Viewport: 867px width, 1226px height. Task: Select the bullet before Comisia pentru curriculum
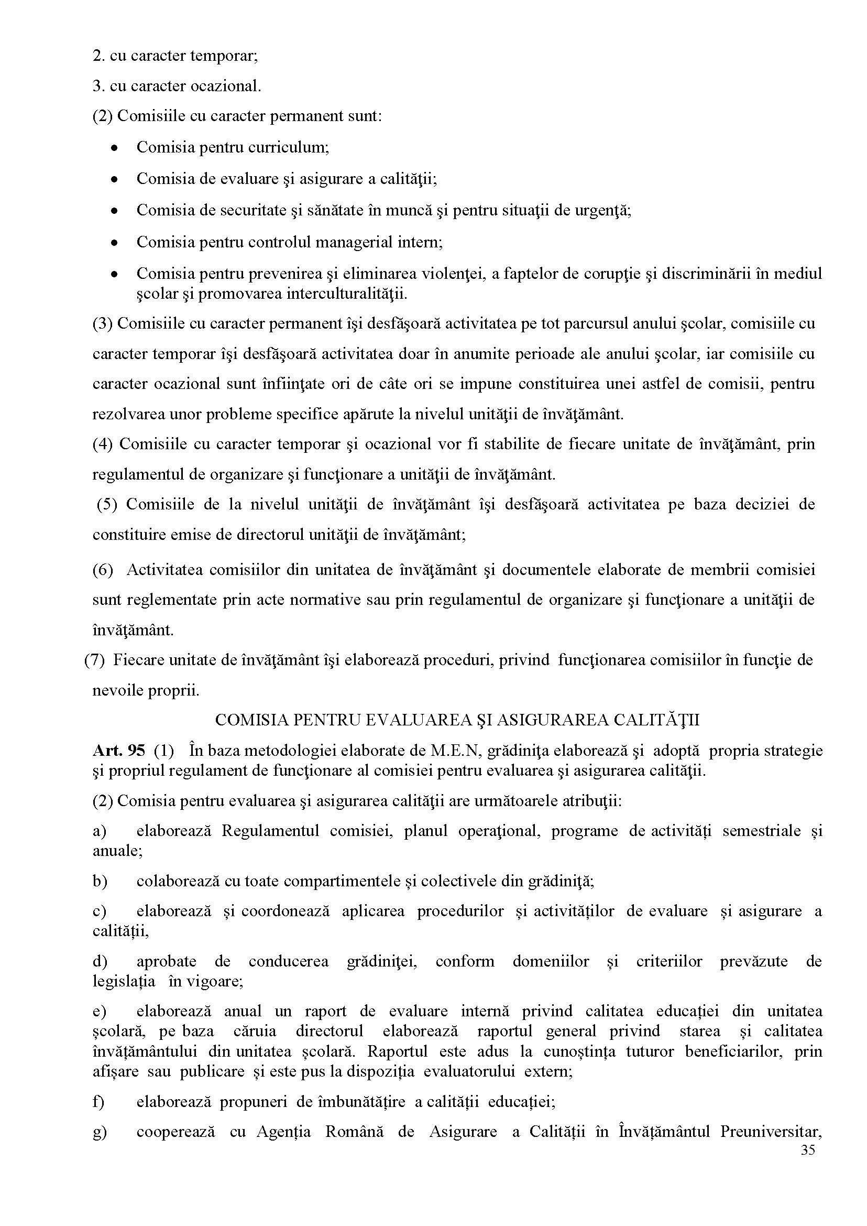(x=114, y=148)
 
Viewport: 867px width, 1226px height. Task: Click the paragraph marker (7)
(x=94, y=660)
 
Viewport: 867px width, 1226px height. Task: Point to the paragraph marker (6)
(x=103, y=569)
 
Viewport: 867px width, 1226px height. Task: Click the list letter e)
(x=100, y=1011)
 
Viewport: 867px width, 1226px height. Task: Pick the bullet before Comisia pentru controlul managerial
(x=114, y=243)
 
